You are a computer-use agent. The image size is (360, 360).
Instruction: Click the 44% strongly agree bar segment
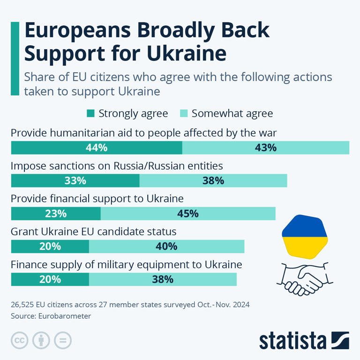point(96,148)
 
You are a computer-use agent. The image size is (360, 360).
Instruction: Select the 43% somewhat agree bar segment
point(265,148)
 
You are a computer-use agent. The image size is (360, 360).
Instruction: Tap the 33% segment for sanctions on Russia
point(75,180)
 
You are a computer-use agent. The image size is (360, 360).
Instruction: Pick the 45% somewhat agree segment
point(187,213)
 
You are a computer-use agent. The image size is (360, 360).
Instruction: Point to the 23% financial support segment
point(55,213)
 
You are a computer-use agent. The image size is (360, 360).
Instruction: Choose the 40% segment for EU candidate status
point(166,246)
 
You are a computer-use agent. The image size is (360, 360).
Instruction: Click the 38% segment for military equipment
point(163,279)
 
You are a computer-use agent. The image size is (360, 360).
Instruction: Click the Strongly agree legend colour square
point(91,113)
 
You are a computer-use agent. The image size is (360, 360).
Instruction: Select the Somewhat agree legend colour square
point(184,113)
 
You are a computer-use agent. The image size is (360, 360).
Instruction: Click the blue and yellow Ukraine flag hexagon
point(304,236)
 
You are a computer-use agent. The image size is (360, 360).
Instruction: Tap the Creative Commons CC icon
point(19,340)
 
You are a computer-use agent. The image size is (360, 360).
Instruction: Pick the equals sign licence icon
point(62,340)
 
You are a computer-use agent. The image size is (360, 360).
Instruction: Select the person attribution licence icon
point(41,340)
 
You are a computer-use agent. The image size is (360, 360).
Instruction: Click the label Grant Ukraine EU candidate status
point(93,232)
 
